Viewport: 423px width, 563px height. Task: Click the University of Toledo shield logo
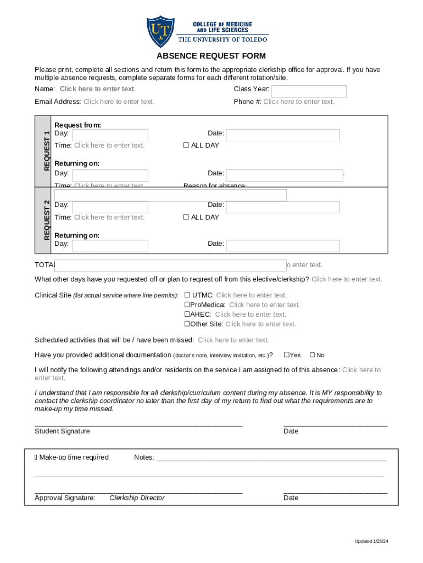click(x=160, y=31)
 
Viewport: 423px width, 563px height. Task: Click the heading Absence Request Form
click(x=211, y=56)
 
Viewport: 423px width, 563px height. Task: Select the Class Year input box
click(x=309, y=91)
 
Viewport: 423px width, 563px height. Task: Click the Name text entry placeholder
click(x=98, y=89)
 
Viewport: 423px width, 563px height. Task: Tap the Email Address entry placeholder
click(x=119, y=102)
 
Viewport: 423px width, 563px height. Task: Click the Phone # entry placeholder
click(x=298, y=102)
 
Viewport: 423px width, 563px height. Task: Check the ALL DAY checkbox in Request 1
click(x=186, y=146)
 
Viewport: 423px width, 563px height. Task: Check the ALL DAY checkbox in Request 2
click(x=186, y=218)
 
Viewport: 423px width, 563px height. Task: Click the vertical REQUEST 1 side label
click(x=47, y=150)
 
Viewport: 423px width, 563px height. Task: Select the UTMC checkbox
click(x=187, y=295)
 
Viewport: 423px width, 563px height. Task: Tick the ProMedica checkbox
click(x=187, y=305)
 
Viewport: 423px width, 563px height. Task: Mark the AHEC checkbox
click(x=187, y=314)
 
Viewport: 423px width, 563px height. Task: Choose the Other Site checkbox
click(x=187, y=324)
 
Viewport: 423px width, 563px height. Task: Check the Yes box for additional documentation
click(x=286, y=355)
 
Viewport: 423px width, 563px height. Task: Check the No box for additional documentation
click(x=313, y=355)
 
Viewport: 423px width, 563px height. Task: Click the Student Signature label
click(x=62, y=432)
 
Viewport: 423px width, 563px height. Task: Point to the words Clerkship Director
click(x=137, y=498)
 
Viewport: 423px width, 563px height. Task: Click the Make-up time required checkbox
click(x=36, y=457)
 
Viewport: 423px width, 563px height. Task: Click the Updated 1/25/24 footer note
click(x=371, y=542)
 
